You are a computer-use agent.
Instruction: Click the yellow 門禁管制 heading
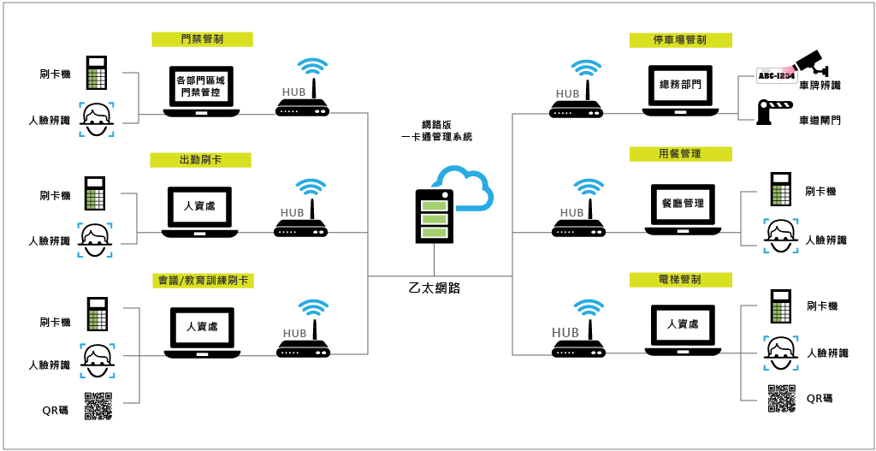[203, 39]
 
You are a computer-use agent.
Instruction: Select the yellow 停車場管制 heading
[680, 40]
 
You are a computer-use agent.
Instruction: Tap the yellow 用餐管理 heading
[680, 154]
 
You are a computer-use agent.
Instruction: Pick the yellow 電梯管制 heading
[680, 280]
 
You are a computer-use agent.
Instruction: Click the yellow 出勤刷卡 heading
[203, 160]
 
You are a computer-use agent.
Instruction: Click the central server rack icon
[433, 217]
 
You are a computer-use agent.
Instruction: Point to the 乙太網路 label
[435, 288]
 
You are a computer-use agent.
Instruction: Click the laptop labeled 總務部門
[680, 91]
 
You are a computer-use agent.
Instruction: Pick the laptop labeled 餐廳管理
[682, 209]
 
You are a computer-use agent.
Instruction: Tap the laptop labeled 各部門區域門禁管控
[202, 91]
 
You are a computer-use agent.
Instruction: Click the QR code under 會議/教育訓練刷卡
[98, 406]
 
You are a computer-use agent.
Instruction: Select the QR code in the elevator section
[780, 399]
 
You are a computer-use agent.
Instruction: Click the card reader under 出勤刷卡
[96, 194]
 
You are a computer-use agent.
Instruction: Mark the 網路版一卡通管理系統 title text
[436, 130]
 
